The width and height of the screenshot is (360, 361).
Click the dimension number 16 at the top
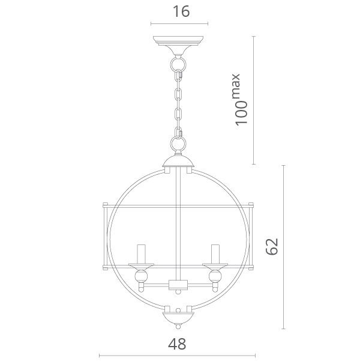[x=181, y=11]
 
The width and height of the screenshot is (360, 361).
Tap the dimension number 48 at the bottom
[x=177, y=344]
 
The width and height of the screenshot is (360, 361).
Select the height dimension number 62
[x=272, y=247]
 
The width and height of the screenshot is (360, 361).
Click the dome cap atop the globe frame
[x=178, y=161]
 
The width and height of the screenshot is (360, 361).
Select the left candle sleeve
[x=141, y=254]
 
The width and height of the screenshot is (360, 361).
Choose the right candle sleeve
[x=215, y=254]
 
